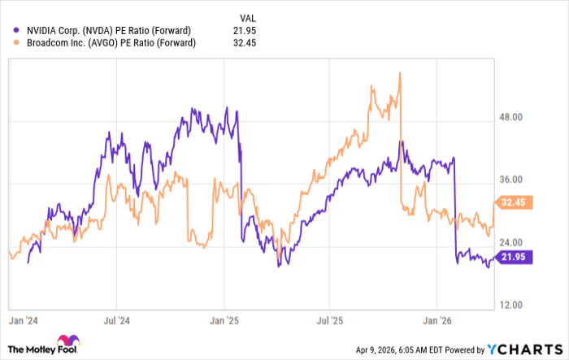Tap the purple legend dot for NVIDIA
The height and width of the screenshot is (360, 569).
(10, 30)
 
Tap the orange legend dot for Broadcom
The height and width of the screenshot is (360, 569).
(10, 43)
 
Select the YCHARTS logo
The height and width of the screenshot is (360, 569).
(520, 349)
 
